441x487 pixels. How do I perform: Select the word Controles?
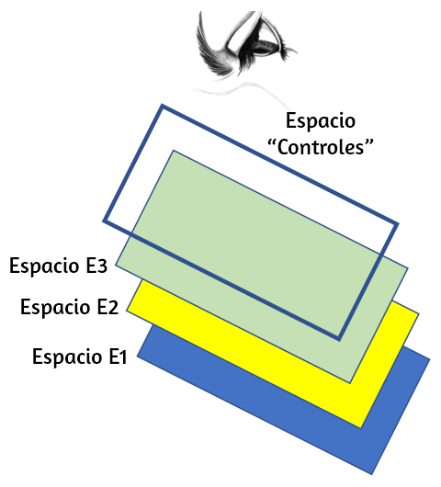point(321,147)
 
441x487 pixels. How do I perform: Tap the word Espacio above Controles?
point(321,121)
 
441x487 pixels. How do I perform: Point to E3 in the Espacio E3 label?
point(96,266)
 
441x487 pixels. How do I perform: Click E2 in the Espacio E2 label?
point(107,307)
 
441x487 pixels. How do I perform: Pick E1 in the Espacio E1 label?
point(119,357)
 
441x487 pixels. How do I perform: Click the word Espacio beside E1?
point(67,357)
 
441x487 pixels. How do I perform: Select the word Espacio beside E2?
point(55,308)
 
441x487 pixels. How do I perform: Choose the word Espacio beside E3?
point(44,266)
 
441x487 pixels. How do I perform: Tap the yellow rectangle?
point(389,357)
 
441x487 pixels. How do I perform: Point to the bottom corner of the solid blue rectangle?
point(372,474)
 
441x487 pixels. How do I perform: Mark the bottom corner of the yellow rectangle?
point(361,428)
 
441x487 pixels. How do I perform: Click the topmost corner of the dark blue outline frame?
point(162,105)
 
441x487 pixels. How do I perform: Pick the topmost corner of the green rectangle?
point(173,151)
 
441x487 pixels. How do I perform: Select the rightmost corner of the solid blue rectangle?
point(430,359)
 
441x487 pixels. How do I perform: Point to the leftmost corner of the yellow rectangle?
point(127,310)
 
